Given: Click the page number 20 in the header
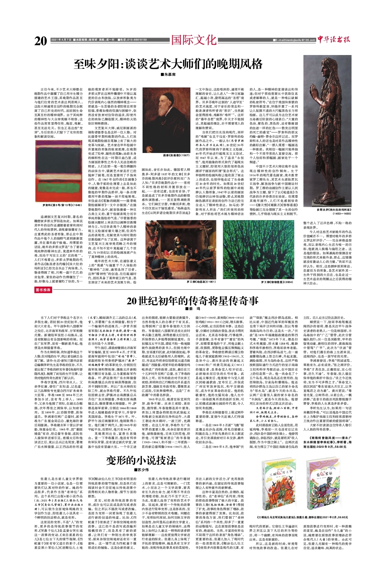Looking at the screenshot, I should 41,41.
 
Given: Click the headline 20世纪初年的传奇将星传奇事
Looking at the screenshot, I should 193,301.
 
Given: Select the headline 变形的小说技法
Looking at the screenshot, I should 141,460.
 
